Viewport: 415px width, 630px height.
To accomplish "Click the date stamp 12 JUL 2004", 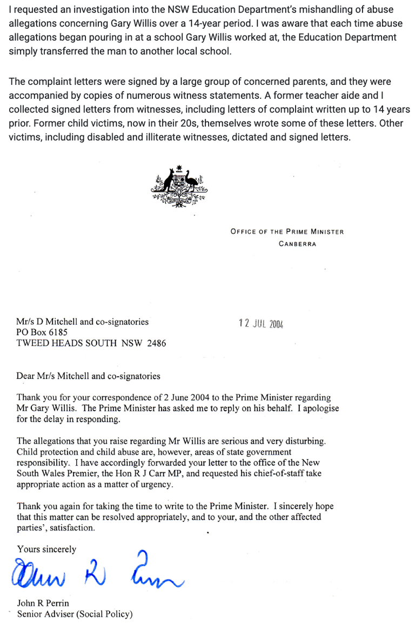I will [x=261, y=324].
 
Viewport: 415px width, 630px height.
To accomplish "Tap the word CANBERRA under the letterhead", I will [x=297, y=244].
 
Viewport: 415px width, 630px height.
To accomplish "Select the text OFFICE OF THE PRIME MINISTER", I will [x=287, y=232].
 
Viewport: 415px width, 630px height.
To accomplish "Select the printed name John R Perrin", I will [x=43, y=603].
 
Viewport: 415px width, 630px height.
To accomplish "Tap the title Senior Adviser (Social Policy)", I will [x=75, y=614].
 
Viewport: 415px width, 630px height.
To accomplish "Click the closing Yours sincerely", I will [x=46, y=549].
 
